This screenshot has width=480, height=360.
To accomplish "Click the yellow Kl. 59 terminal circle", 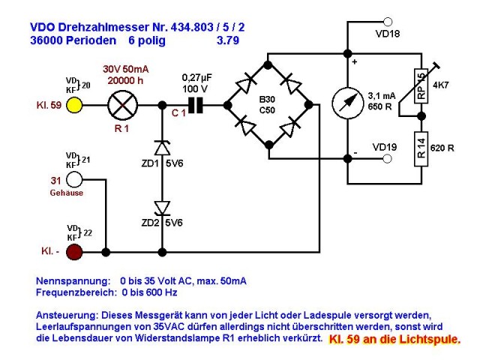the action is click(74, 105).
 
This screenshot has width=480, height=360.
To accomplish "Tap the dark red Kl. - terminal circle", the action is click(74, 252).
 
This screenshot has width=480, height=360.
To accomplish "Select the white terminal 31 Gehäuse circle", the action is click(74, 179).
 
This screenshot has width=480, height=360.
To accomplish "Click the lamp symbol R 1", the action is click(123, 105).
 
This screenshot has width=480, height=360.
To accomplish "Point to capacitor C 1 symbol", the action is click(196, 105).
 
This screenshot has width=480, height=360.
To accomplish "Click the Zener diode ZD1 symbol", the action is click(162, 148).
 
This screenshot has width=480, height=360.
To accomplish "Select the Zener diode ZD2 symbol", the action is click(162, 208).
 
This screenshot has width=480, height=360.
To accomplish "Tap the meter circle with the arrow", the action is click(348, 103).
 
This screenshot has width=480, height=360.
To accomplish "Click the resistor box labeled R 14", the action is click(421, 148).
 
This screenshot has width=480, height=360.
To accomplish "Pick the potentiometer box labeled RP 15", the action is click(421, 86).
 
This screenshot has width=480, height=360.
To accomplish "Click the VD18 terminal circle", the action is click(388, 22).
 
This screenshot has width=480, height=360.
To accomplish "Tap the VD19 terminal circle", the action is click(388, 159).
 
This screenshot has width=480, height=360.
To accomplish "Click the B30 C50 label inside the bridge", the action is click(267, 105).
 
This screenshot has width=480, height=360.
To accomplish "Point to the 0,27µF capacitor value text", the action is click(196, 78).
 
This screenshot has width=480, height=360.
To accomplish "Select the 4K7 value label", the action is click(441, 85).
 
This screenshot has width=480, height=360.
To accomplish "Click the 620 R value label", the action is click(442, 148).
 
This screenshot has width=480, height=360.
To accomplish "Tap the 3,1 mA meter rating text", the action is click(382, 96).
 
